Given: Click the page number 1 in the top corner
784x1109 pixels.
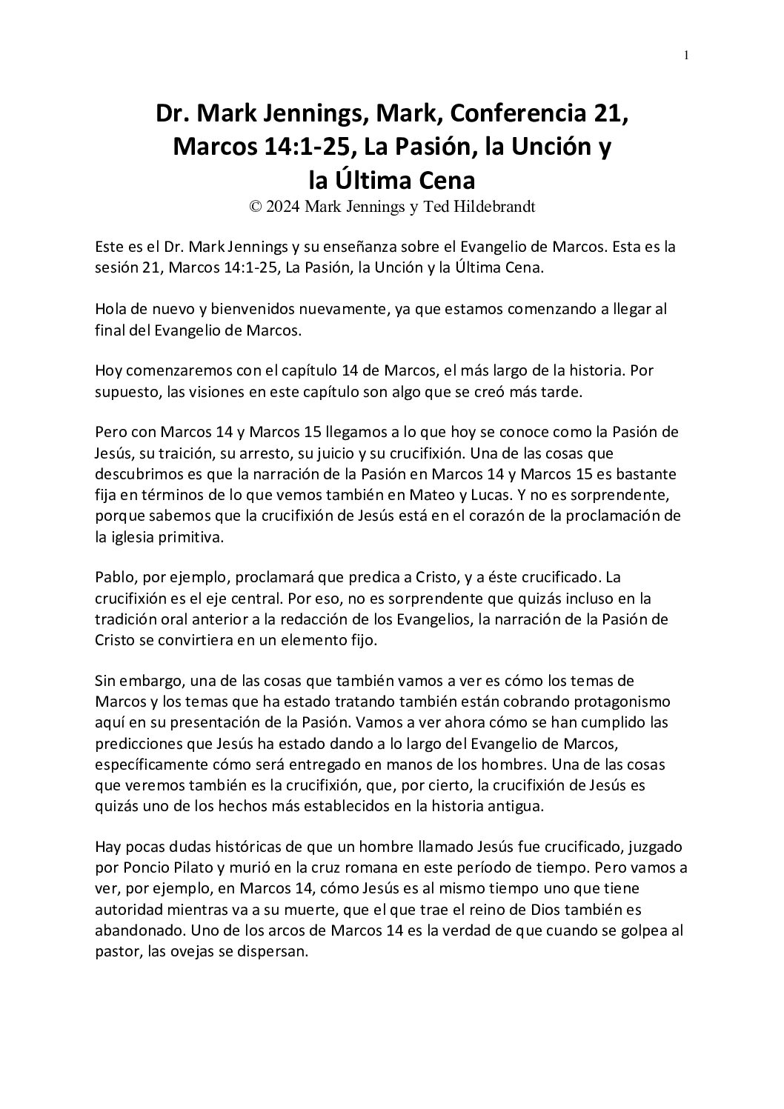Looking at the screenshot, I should pyautogui.click(x=687, y=55).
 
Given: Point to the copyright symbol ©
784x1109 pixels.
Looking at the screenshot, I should pyautogui.click(x=256, y=207).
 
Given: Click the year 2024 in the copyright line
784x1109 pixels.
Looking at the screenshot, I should pyautogui.click(x=282, y=207).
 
